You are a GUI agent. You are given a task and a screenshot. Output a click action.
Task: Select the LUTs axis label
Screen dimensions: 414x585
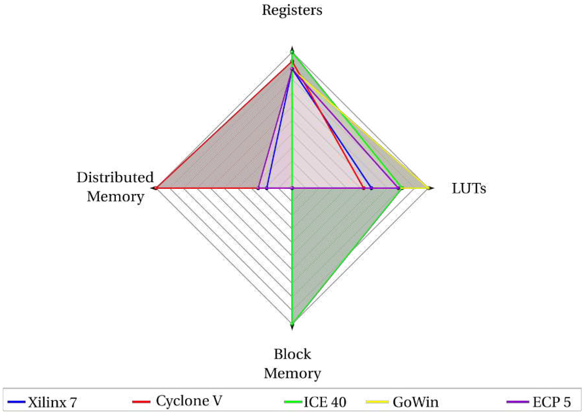click(x=469, y=189)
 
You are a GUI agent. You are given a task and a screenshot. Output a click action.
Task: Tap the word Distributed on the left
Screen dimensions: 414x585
click(x=115, y=177)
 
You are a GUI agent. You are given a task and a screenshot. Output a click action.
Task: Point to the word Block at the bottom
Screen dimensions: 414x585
click(x=292, y=354)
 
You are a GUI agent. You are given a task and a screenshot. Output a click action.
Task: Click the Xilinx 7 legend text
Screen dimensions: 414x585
click(x=53, y=402)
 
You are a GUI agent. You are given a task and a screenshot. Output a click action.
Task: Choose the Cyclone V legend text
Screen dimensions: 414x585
click(x=189, y=401)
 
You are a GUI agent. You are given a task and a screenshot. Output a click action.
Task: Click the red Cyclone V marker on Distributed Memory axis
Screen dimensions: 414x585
click(x=156, y=188)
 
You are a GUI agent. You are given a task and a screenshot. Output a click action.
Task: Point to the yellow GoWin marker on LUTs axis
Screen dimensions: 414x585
click(x=428, y=188)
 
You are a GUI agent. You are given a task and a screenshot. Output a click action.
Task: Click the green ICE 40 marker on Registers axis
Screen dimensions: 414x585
click(x=292, y=52)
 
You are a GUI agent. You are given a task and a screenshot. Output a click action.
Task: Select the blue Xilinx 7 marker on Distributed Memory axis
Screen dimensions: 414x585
click(x=266, y=188)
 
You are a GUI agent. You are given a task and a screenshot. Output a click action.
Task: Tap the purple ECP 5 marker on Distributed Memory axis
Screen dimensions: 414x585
click(x=258, y=188)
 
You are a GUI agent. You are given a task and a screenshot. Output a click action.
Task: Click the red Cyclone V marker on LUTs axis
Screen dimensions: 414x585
click(x=364, y=188)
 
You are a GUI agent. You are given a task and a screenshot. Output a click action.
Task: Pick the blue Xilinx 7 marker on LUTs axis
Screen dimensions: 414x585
click(x=372, y=188)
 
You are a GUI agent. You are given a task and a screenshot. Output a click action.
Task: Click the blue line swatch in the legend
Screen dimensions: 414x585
click(x=17, y=402)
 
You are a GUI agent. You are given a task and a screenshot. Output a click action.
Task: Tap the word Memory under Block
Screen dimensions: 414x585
click(x=292, y=373)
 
